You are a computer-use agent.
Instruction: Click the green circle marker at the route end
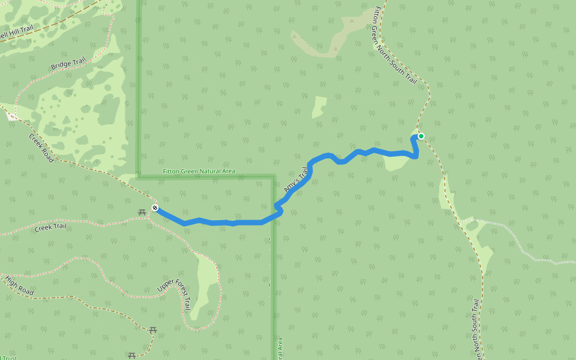click(x=421, y=136)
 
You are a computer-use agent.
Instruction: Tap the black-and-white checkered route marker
click(x=155, y=208)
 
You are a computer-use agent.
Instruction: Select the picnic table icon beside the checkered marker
click(x=142, y=212)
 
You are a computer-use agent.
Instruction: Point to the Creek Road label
click(x=41, y=148)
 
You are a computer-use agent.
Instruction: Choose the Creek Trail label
click(x=50, y=227)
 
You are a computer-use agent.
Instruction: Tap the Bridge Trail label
click(x=68, y=64)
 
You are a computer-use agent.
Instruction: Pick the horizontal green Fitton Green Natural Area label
click(x=199, y=172)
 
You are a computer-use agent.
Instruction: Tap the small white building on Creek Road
click(x=13, y=116)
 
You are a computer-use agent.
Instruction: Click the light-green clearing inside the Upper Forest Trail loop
click(x=204, y=282)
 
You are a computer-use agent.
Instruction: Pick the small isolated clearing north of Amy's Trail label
click(x=319, y=107)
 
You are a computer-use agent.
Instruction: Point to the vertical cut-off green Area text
click(x=280, y=349)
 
